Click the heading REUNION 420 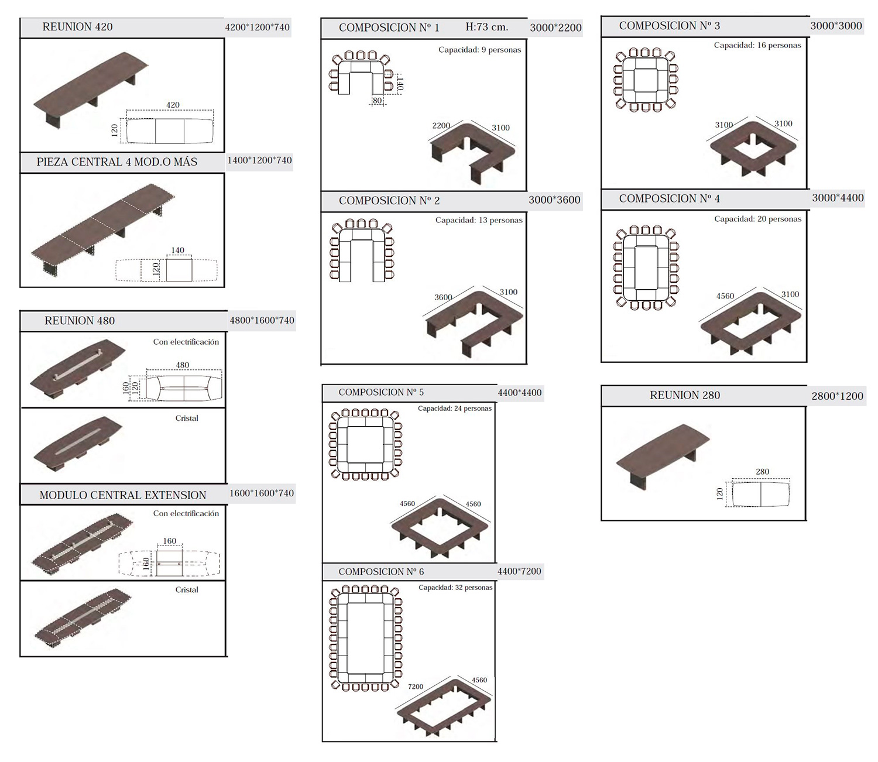tap(77, 27)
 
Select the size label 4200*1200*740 tap(258, 28)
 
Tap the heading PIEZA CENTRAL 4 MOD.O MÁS tap(116, 162)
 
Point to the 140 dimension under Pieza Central tap(178, 250)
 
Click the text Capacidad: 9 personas tap(480, 50)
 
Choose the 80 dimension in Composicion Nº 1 tap(377, 101)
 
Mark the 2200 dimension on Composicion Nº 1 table tap(441, 126)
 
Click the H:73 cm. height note tap(486, 27)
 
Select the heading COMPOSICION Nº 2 tap(389, 200)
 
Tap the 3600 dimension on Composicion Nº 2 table tap(443, 297)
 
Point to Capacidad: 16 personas tap(757, 45)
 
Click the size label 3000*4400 tap(838, 198)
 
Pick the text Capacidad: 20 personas tap(758, 219)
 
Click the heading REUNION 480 tap(80, 321)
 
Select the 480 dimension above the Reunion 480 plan tap(183, 365)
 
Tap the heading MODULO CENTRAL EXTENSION tap(123, 495)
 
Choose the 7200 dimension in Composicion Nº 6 tap(416, 687)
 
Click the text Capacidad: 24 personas tap(455, 409)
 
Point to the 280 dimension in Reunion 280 tap(762, 472)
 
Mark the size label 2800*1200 tap(837, 396)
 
